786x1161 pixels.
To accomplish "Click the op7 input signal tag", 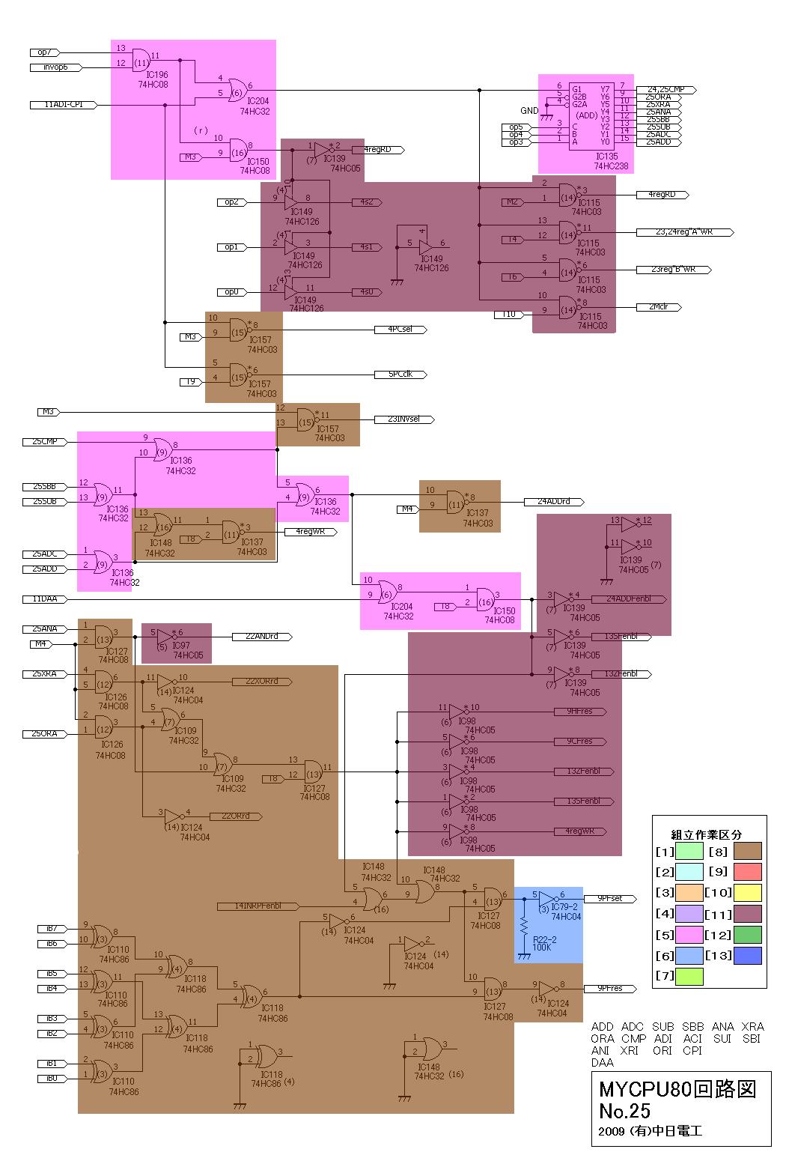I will [44, 52].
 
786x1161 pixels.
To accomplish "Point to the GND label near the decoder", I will [530, 111].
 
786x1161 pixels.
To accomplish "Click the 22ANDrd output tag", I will [262, 637].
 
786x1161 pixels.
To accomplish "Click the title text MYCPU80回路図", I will [677, 1088].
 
